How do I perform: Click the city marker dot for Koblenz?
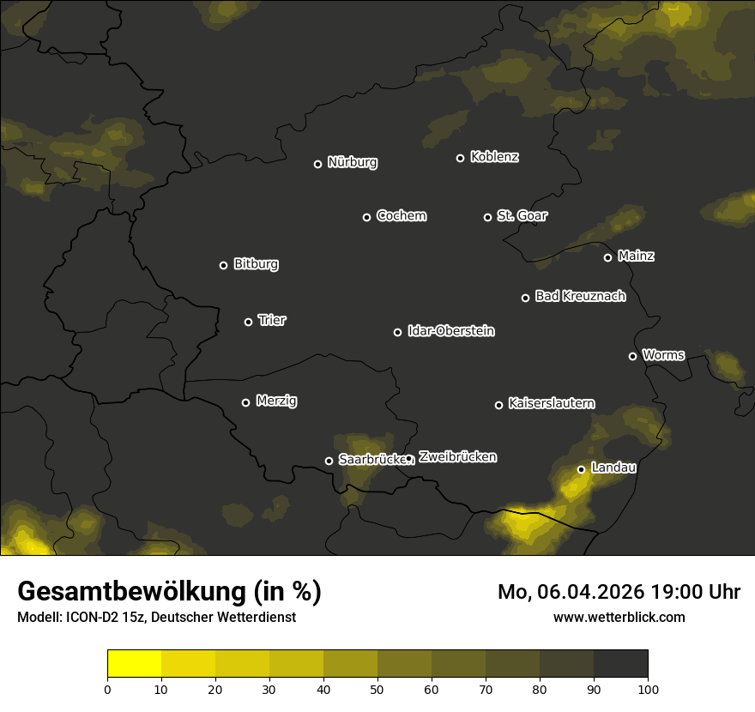(x=460, y=158)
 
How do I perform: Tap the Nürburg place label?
(x=352, y=162)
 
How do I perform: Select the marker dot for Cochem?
(x=366, y=217)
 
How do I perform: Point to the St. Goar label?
(x=522, y=215)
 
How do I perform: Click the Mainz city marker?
(x=607, y=257)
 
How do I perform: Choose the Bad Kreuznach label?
(x=580, y=296)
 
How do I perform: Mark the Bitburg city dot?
(x=223, y=265)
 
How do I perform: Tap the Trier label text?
(x=272, y=320)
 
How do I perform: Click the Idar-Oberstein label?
(x=450, y=331)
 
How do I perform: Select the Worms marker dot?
(x=632, y=356)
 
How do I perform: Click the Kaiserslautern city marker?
(x=498, y=405)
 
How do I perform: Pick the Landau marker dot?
(x=581, y=469)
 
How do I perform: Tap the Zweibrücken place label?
(x=457, y=457)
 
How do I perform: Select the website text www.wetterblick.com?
(x=619, y=617)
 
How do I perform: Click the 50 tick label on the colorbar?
(x=377, y=689)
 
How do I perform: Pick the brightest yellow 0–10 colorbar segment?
(x=135, y=664)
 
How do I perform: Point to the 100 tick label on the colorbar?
(x=648, y=689)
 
